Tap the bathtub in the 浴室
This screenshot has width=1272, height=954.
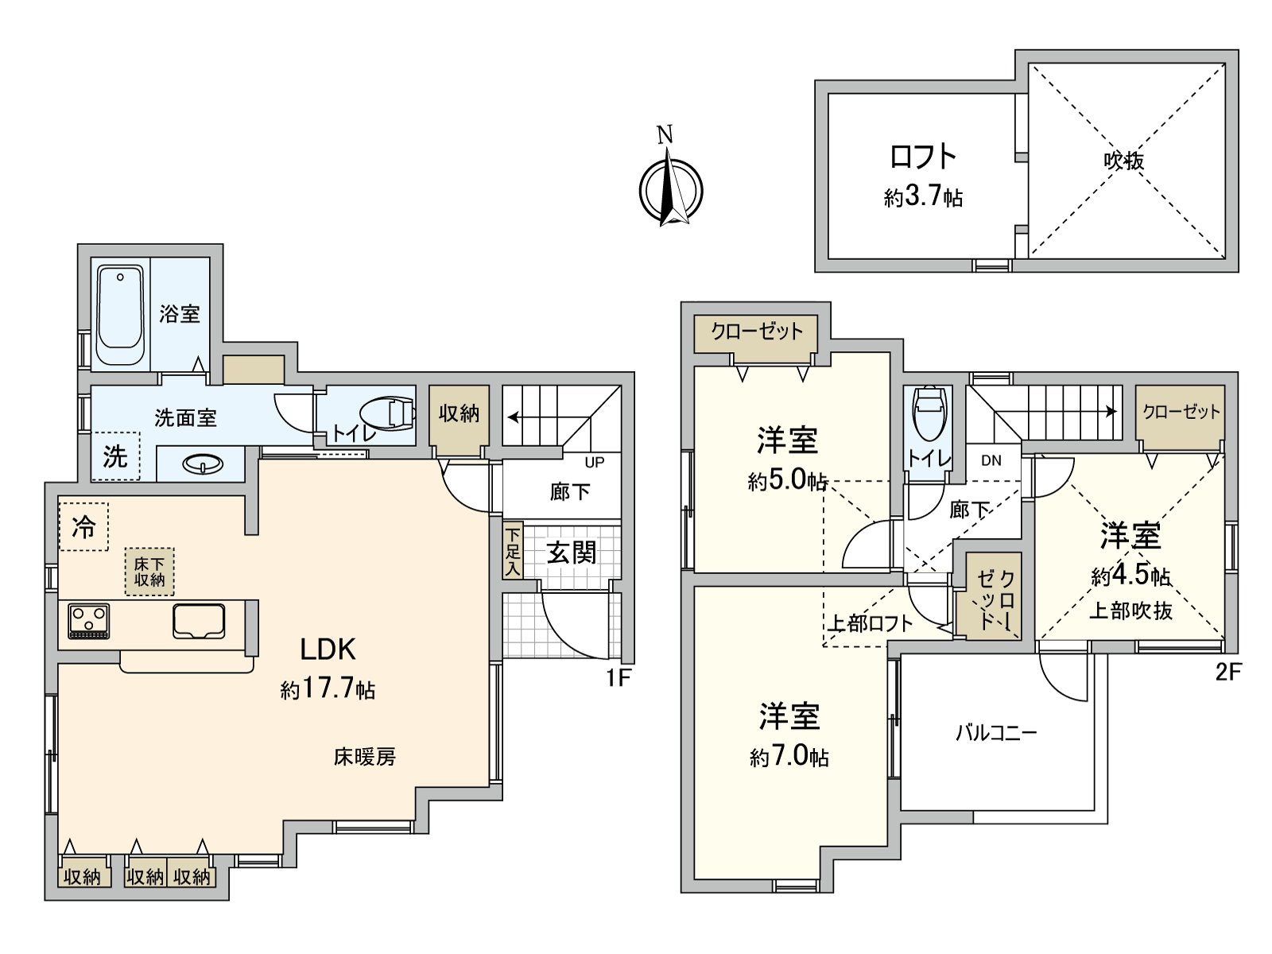pos(121,315)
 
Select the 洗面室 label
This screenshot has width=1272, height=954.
pos(185,417)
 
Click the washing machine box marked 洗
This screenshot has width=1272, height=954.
pos(115,456)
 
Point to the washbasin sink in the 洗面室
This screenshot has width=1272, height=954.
pos(203,465)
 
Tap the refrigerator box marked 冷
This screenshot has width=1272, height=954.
pos(83,526)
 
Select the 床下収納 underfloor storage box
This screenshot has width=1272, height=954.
pos(149,572)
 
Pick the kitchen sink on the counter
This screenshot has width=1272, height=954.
pos(199,620)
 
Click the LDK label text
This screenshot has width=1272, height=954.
pos(328,650)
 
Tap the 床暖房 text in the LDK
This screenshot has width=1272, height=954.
pos(364,757)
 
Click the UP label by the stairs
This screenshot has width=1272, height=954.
pos(594,463)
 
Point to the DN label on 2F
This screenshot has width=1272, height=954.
pos(991,460)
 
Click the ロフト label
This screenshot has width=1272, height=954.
pos(922,157)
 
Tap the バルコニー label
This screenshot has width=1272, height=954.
pos(996,732)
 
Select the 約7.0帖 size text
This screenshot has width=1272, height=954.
pos(789,756)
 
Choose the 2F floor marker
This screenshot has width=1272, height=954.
pos(1227,673)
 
